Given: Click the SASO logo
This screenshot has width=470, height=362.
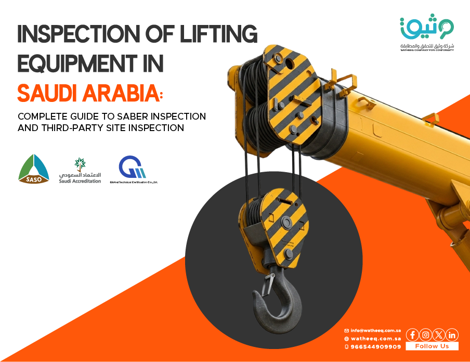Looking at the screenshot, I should point(34,170).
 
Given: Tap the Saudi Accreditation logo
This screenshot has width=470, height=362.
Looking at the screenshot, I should point(80,171).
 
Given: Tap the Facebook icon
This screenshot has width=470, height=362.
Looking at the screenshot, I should point(412,335).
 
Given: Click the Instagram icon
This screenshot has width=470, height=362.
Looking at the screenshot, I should point(426,335).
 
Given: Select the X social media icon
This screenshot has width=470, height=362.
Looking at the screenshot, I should point(439,335).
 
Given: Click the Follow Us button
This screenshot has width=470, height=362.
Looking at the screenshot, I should point(432,346).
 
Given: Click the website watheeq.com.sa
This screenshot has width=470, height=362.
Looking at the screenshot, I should point(375,338).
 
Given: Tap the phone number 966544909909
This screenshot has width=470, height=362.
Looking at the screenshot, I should point(375,346).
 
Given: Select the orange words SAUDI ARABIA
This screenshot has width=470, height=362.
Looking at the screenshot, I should point(89,93).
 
